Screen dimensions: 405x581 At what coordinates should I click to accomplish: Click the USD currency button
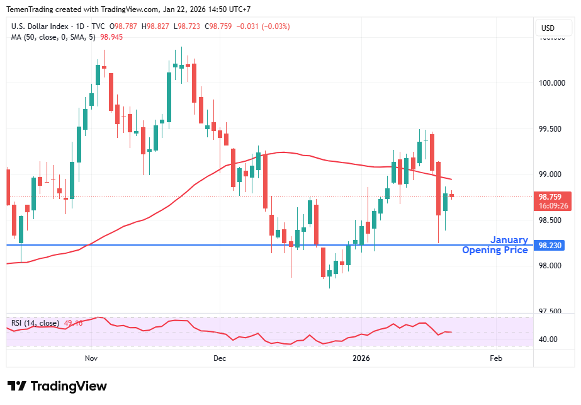[548, 28]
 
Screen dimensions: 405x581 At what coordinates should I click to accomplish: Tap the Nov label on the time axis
[91, 358]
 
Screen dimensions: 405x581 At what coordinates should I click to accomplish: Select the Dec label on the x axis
[220, 358]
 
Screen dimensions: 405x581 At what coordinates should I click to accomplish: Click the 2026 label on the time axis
[361, 358]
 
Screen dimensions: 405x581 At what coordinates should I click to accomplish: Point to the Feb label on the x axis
[495, 358]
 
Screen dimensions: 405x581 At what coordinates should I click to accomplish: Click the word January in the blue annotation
[509, 240]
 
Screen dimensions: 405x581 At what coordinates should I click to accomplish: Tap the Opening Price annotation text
[495, 250]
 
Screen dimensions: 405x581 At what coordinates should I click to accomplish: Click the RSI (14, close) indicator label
[35, 323]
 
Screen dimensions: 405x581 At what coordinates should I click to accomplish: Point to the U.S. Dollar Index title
[38, 27]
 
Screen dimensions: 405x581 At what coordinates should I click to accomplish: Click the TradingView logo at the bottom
[57, 386]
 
